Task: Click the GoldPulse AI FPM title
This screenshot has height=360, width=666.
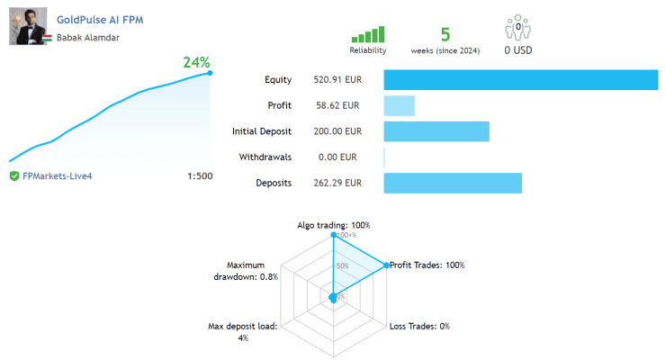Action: click(100, 20)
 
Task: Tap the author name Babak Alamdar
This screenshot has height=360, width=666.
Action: click(88, 38)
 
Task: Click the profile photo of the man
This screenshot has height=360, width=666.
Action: click(28, 26)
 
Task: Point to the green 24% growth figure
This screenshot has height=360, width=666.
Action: click(196, 62)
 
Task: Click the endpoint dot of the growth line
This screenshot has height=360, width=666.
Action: click(210, 73)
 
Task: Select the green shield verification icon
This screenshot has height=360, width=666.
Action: click(14, 175)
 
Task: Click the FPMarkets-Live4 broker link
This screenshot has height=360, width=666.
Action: click(57, 176)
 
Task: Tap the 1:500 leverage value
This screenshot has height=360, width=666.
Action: click(200, 175)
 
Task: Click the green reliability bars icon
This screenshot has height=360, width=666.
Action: click(368, 34)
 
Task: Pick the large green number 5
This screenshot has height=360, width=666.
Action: click(445, 35)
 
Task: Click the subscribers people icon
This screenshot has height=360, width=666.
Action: click(517, 28)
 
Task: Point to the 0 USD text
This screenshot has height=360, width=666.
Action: click(518, 50)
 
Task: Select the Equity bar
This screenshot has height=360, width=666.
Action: click(521, 80)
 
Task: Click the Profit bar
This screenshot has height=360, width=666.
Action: click(400, 105)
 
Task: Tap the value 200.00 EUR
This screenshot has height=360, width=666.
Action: click(337, 131)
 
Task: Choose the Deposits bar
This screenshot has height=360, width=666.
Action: click(453, 183)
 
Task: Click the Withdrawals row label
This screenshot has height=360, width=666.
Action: click(265, 157)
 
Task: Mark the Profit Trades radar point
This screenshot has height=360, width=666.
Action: click(386, 265)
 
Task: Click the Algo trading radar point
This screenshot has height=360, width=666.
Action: click(333, 235)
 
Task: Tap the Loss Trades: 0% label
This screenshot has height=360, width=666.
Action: click(419, 326)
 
